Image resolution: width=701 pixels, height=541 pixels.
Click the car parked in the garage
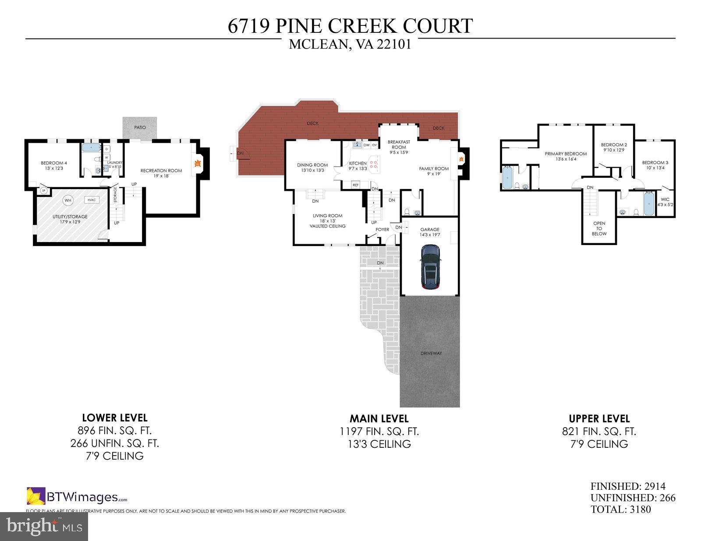tap(430, 267)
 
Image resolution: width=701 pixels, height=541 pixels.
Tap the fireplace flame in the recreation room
tap(198, 164)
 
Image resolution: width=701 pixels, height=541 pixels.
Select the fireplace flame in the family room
tap(461, 159)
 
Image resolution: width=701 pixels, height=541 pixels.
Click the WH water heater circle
tap(68, 201)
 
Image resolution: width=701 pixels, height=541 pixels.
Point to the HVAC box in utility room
tap(92, 200)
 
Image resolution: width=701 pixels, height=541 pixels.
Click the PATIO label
tap(140, 127)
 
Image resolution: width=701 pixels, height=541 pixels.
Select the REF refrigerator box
tap(355, 185)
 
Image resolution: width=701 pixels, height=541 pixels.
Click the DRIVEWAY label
tap(431, 353)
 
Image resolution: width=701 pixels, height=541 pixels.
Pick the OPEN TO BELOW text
tap(599, 228)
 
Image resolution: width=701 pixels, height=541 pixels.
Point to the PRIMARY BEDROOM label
tap(566, 154)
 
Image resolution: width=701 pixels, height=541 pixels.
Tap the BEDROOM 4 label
tap(54, 163)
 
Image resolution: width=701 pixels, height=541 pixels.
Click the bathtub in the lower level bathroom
tap(91, 148)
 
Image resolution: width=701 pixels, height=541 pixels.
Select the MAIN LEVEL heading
tap(379, 418)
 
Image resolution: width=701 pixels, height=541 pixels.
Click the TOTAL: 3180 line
tap(620, 509)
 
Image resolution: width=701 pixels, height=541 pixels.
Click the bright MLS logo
tap(44, 525)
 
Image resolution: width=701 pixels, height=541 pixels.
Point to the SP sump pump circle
tap(44, 190)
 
